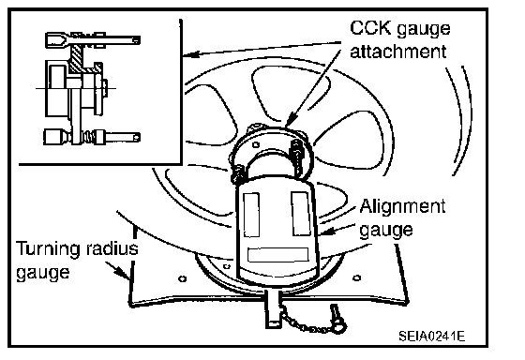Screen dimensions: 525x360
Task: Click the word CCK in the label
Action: (370, 28)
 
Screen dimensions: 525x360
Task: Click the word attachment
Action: (398, 52)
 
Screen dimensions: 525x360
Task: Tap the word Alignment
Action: (403, 206)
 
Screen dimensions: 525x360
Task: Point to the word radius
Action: (112, 248)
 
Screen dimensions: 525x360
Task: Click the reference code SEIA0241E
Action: (431, 336)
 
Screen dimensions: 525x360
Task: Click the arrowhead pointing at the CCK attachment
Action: (291, 120)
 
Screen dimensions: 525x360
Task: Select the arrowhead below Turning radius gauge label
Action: (122, 272)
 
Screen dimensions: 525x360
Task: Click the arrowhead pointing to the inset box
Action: (191, 54)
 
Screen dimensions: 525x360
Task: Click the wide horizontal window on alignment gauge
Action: (277, 255)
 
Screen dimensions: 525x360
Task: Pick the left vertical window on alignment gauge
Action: (251, 215)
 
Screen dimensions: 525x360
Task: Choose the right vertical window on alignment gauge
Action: (301, 214)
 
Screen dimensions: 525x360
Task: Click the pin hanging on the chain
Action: (337, 319)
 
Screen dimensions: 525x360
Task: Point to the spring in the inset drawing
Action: (89, 137)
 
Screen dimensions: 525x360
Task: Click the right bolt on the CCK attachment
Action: (296, 157)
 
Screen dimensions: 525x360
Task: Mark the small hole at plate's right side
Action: (357, 277)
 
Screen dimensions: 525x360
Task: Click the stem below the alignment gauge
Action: (273, 308)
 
